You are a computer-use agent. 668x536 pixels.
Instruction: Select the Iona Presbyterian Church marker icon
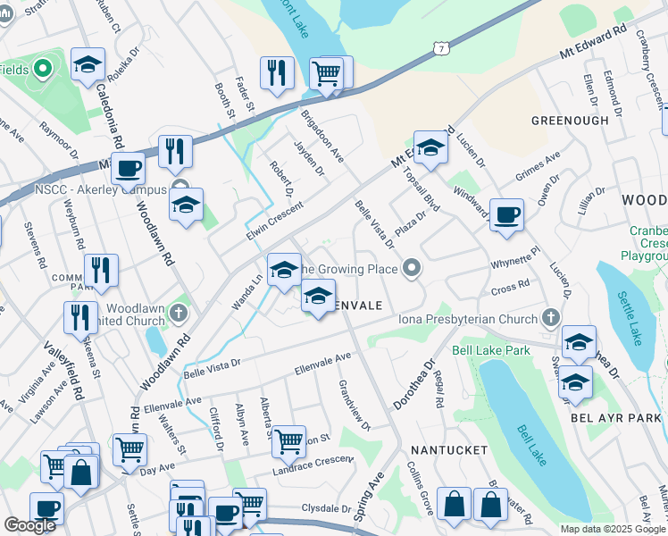pyautogui.click(x=551, y=318)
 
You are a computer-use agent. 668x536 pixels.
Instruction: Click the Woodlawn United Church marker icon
pyautogui.click(x=180, y=313)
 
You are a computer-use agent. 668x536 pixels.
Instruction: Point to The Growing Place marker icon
pyautogui.click(x=412, y=266)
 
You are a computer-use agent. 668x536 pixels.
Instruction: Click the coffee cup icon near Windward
pyautogui.click(x=507, y=214)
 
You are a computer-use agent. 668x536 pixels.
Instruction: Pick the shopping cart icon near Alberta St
pyautogui.click(x=288, y=440)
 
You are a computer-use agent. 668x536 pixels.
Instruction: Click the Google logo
pyautogui.click(x=29, y=525)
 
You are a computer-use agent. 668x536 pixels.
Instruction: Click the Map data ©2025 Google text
pyautogui.click(x=612, y=529)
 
